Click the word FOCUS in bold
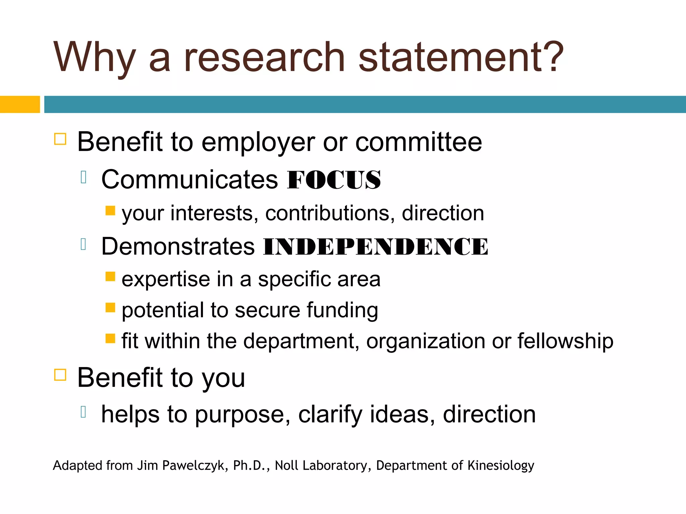(334, 180)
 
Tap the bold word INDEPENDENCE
(375, 247)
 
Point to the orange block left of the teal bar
(20, 104)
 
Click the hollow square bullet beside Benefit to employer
(60, 139)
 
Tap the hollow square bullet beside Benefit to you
(60, 375)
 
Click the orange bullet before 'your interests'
(110, 210)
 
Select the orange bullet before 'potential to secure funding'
(110, 307)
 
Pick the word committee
(418, 142)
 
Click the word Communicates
(190, 180)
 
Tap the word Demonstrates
(178, 247)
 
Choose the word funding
(342, 310)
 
